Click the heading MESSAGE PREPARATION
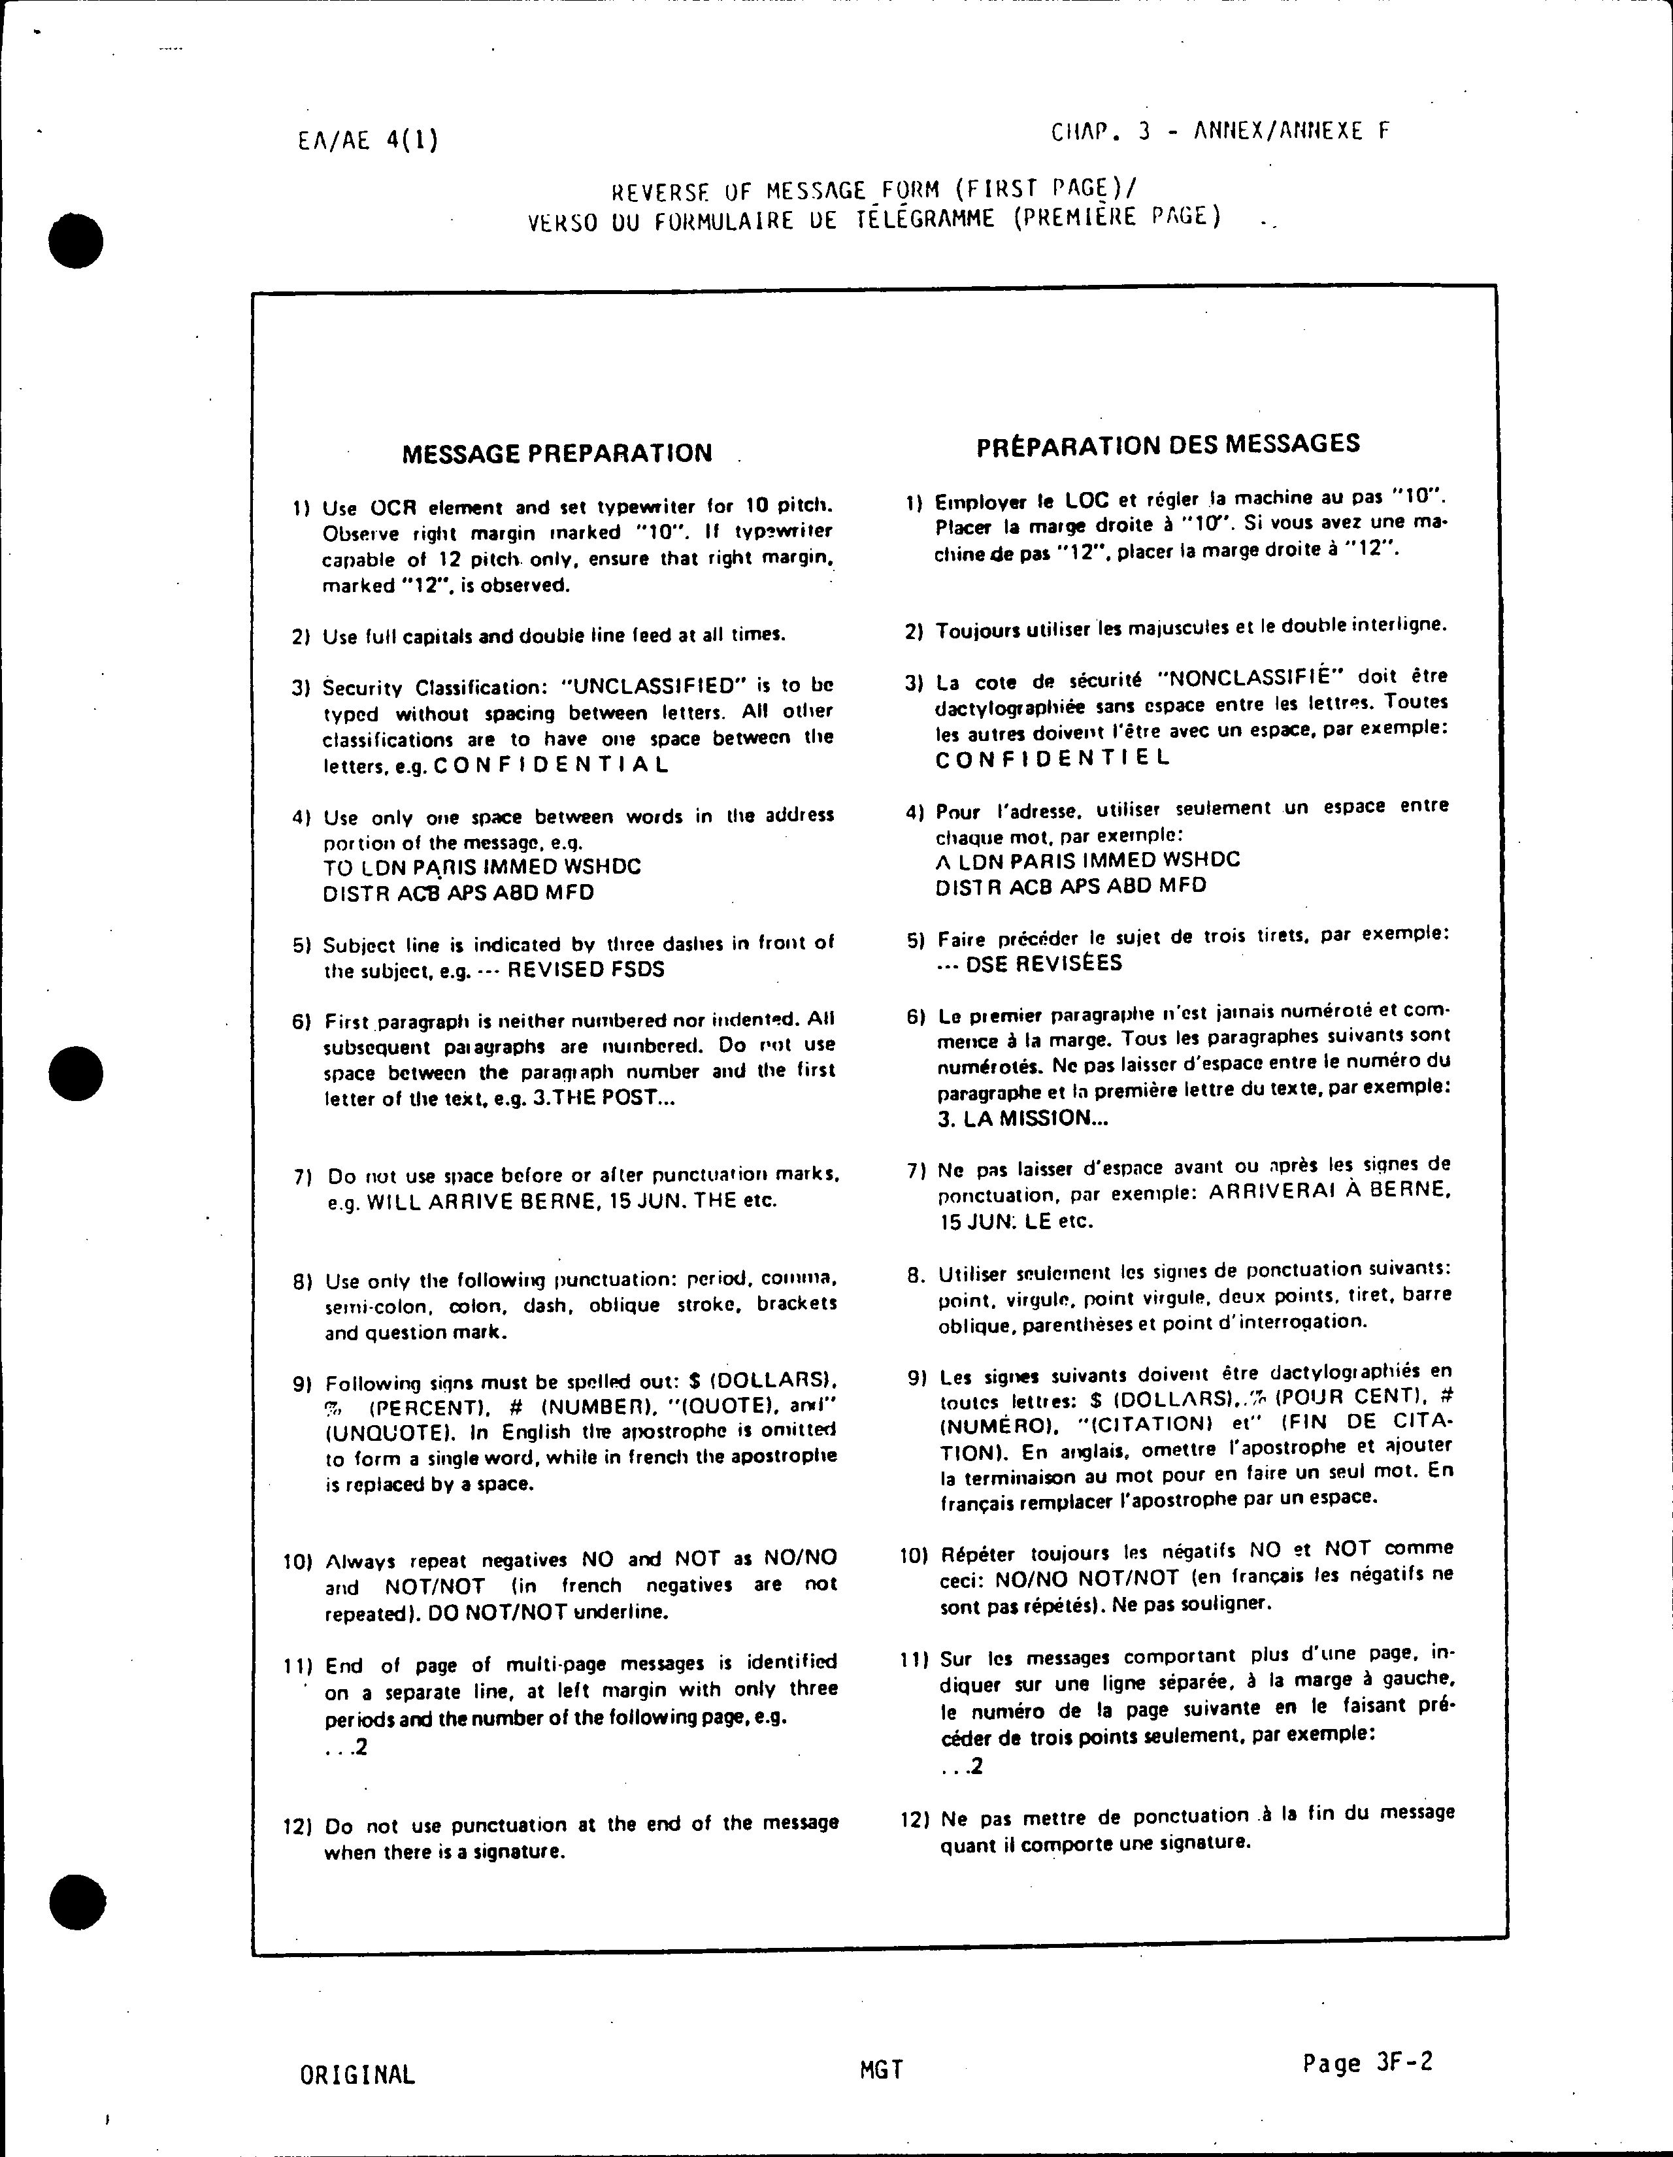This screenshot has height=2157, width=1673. (x=556, y=453)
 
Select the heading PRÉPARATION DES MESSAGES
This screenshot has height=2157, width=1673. (x=1168, y=444)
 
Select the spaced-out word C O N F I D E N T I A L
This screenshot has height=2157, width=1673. (x=550, y=765)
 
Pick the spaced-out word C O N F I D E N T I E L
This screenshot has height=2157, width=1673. (x=1052, y=759)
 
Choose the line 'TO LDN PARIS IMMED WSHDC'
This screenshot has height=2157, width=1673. (x=482, y=867)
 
